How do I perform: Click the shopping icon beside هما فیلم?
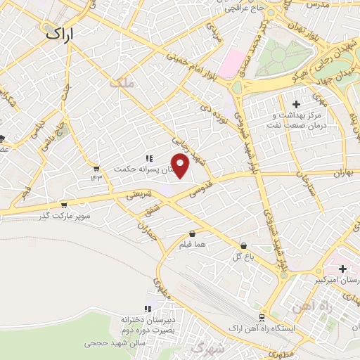[192, 234]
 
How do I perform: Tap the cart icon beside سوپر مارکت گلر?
[64, 205]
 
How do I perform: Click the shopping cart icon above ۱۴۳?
[96, 168]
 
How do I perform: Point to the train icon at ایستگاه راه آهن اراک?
[262, 317]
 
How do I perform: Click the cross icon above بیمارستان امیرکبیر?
[342, 269]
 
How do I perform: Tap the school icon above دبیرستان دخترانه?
[148, 309]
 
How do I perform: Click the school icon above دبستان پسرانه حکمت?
[148, 159]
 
